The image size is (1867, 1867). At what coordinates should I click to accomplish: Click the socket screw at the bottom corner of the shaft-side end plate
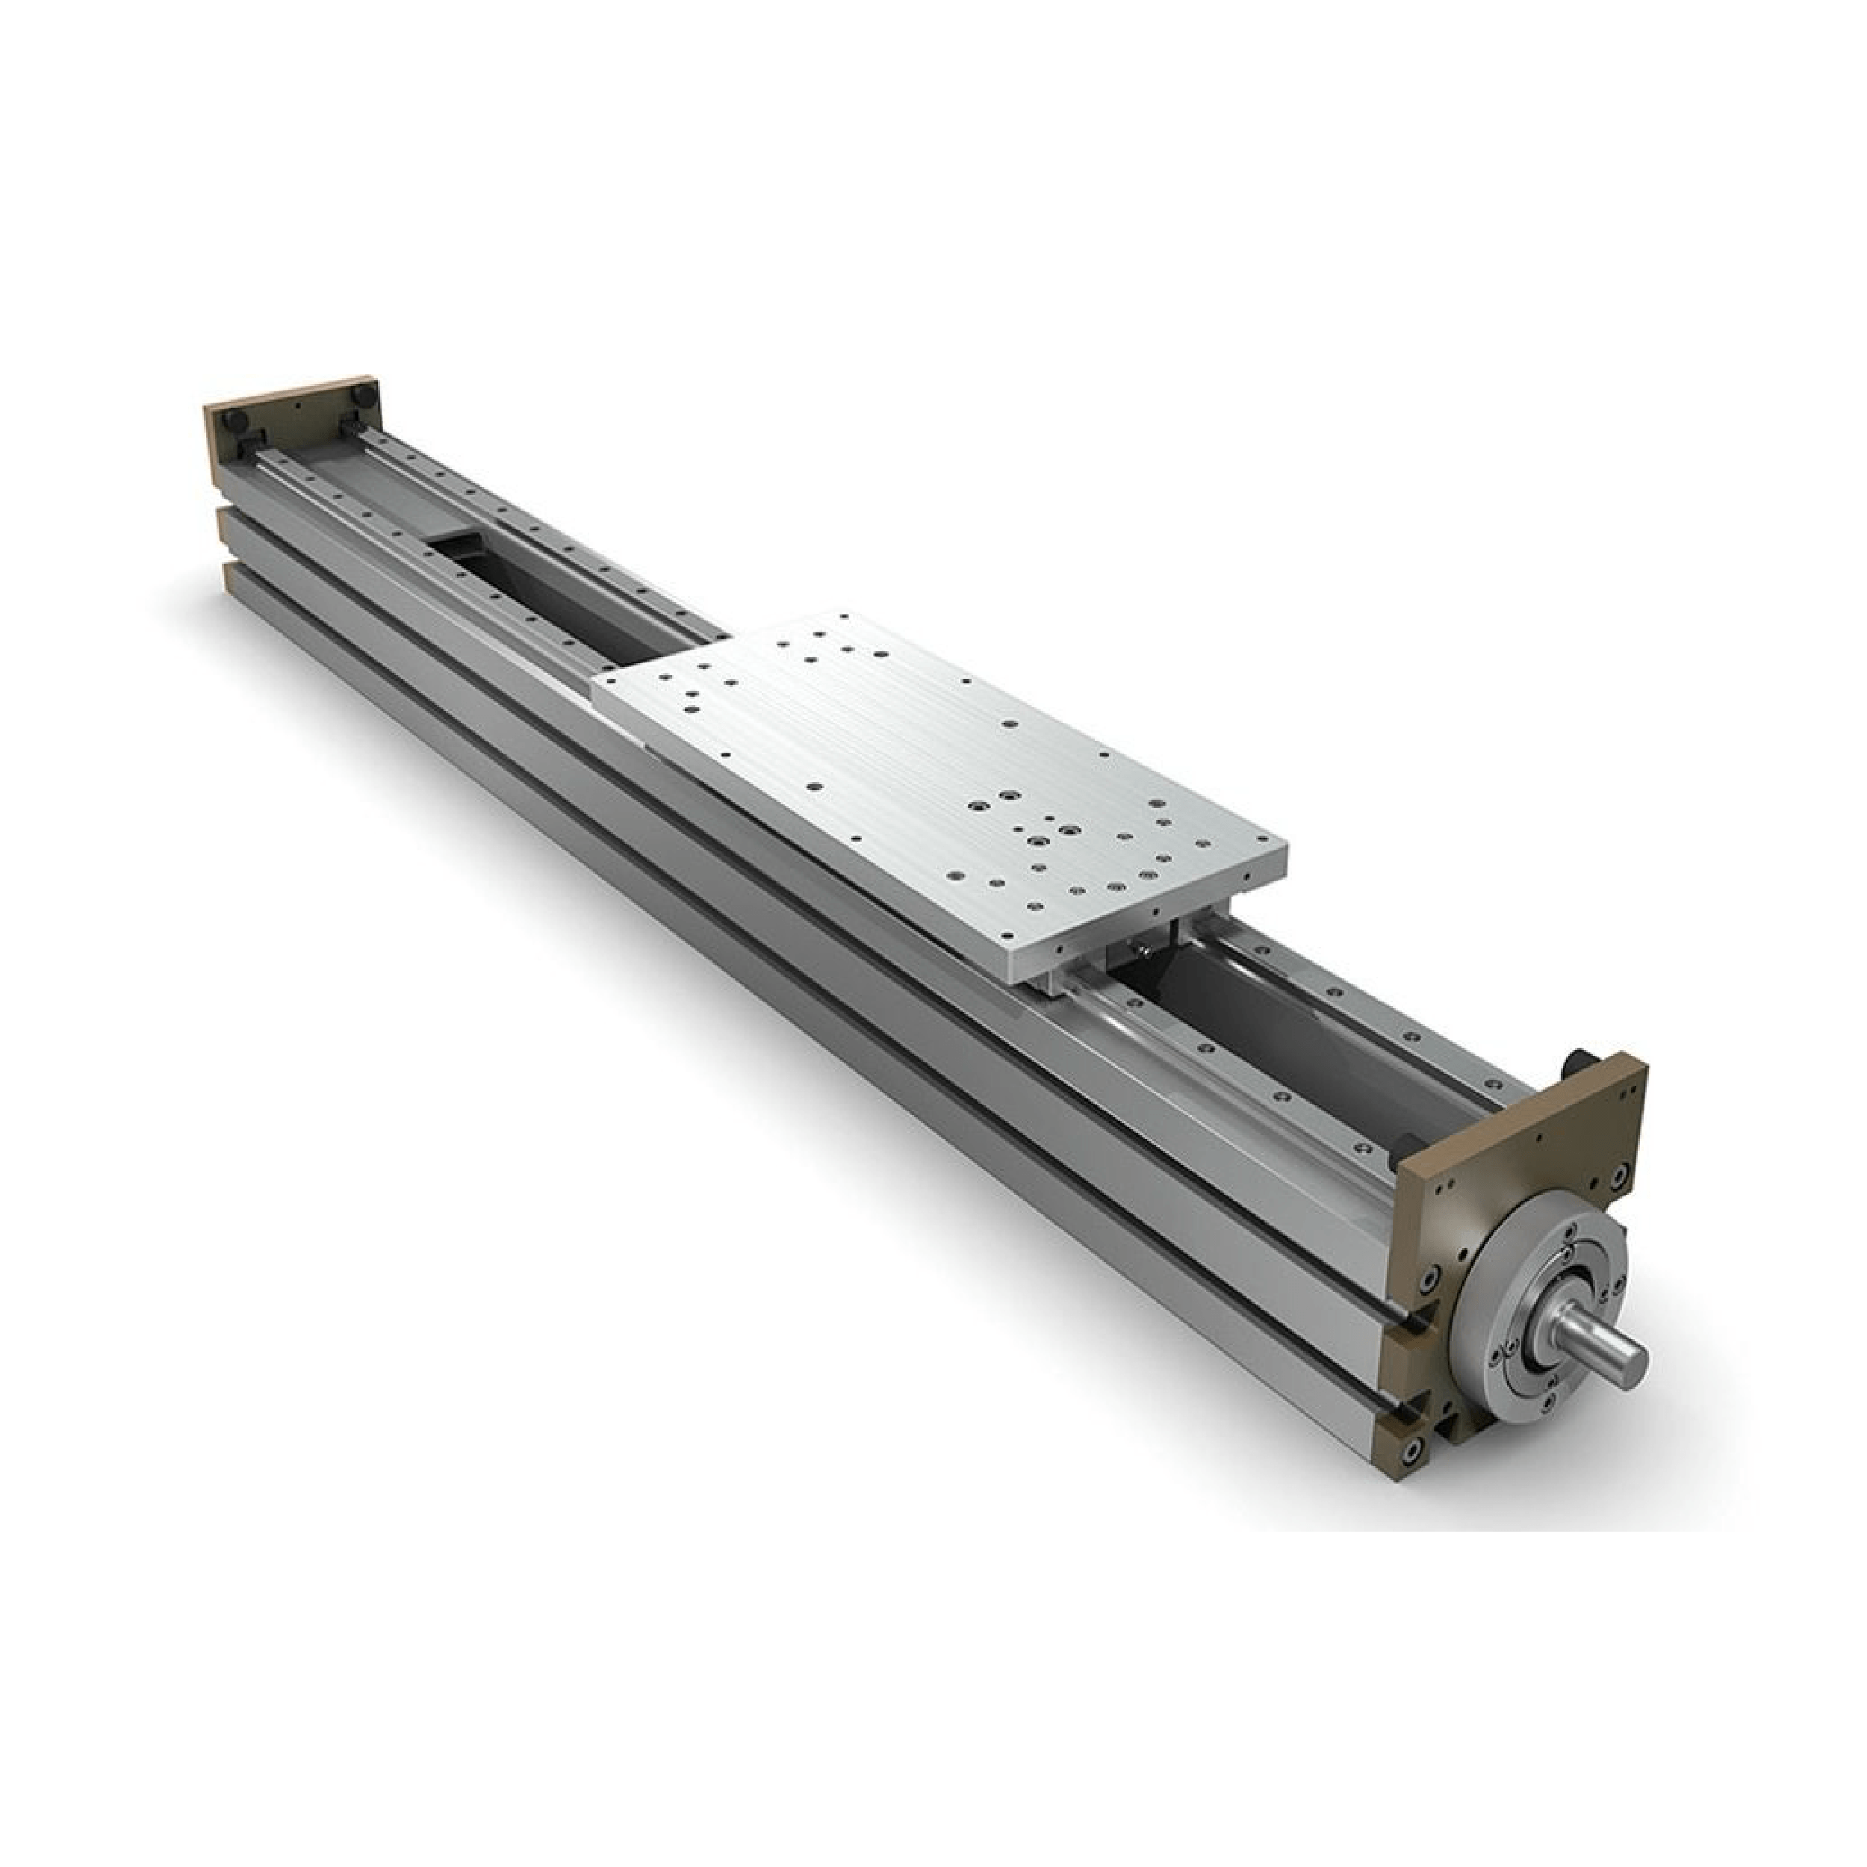[1414, 1476]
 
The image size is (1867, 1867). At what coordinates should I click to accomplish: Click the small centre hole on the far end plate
[299, 407]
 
